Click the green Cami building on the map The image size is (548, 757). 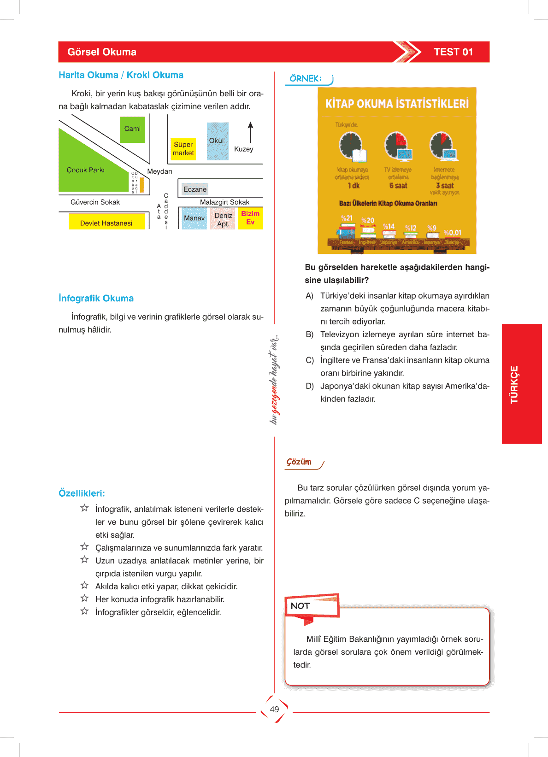point(132,129)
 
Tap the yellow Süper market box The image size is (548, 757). point(183,149)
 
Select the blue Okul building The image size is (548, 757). point(217,141)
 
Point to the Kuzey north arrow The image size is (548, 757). point(250,133)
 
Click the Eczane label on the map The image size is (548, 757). point(195,189)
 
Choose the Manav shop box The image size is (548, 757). point(194,218)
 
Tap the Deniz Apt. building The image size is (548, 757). point(223,219)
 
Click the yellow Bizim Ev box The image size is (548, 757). point(250,218)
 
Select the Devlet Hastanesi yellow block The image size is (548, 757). point(106,223)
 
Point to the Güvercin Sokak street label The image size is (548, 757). point(95,202)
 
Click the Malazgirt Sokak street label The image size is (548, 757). point(224,202)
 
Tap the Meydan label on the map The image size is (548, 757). point(159,171)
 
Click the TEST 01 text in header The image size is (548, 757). point(453,52)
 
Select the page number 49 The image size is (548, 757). point(274,710)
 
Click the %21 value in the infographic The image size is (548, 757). point(347,218)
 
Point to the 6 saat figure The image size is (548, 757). point(398,186)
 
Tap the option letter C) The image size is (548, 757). point(310,360)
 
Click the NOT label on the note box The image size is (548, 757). point(300,606)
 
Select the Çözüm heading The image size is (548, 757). point(299,462)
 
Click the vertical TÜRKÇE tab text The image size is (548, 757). point(514,385)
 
